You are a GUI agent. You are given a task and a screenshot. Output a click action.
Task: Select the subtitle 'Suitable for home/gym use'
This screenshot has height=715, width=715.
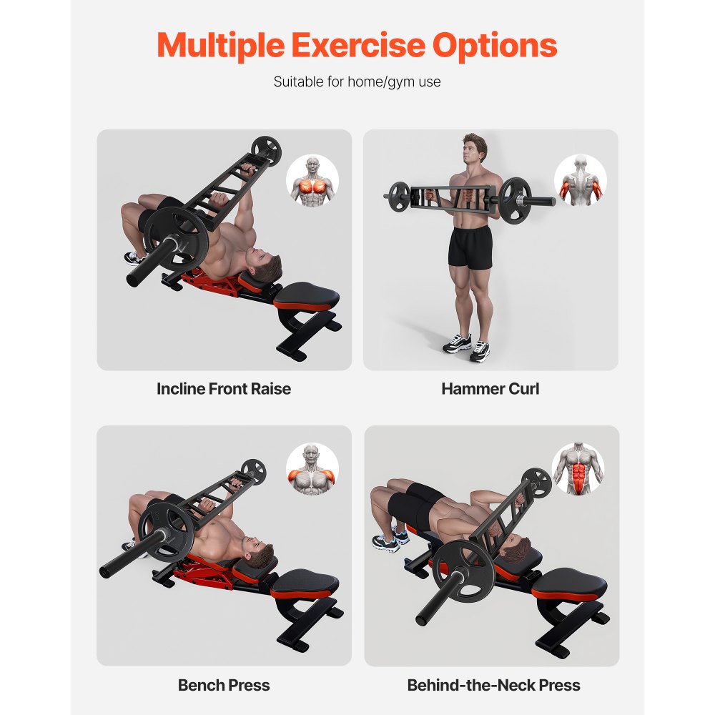[x=357, y=82]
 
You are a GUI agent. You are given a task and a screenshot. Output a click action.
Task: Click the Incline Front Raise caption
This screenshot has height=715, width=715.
[x=224, y=389]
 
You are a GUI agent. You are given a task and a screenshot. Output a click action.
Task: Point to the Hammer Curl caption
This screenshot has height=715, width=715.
[x=490, y=389]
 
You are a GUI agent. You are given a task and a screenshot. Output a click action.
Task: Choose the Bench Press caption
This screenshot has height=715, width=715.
[x=224, y=685]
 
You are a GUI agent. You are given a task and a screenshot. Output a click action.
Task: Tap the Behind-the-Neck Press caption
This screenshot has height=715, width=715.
[x=493, y=685]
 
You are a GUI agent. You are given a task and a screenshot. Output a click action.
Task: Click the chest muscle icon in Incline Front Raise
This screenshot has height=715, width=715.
[x=312, y=181]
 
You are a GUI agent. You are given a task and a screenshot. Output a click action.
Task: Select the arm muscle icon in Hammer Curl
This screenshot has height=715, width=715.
[x=581, y=181]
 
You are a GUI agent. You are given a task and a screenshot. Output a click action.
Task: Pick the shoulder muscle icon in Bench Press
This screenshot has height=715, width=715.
[x=312, y=470]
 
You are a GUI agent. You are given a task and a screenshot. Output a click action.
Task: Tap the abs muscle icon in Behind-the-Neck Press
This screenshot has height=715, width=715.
[x=578, y=469]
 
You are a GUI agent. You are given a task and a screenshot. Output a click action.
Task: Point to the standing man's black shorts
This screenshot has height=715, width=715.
[x=470, y=247]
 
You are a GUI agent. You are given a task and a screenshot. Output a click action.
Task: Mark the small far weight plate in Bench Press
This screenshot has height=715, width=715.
[x=253, y=471]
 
